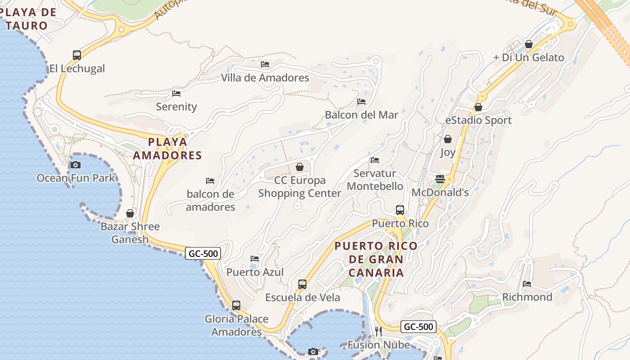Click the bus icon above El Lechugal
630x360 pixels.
click(x=77, y=55)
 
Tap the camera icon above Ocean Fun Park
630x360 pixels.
click(x=76, y=165)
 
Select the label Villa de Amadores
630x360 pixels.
click(x=265, y=78)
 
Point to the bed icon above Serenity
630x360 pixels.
click(x=176, y=94)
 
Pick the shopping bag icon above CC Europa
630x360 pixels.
click(x=300, y=167)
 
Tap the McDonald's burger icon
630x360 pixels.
click(x=440, y=179)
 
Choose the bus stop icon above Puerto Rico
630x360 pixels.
click(x=400, y=210)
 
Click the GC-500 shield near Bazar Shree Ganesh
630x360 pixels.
click(x=203, y=254)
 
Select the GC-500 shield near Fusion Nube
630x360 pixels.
click(x=418, y=327)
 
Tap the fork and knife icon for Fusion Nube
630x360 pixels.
click(x=378, y=332)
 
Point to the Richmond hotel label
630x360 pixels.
click(x=527, y=297)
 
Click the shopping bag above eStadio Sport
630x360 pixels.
click(x=478, y=108)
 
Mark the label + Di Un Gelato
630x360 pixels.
click(x=528, y=58)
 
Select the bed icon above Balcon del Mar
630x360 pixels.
click(x=361, y=102)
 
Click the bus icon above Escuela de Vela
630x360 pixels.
click(x=302, y=284)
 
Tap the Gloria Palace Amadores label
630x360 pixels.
click(x=236, y=325)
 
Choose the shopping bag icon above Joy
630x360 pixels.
click(x=448, y=139)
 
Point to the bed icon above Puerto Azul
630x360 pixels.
click(x=255, y=259)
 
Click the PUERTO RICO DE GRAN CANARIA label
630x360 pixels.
click(x=376, y=260)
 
